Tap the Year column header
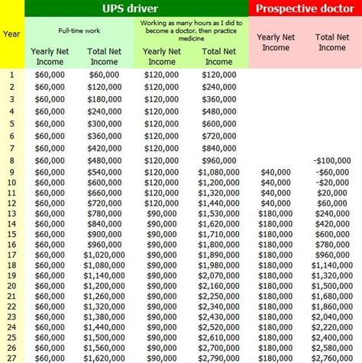pos(11,34)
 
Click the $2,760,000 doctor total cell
pos(331,357)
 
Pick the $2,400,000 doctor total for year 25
pos(331,336)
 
